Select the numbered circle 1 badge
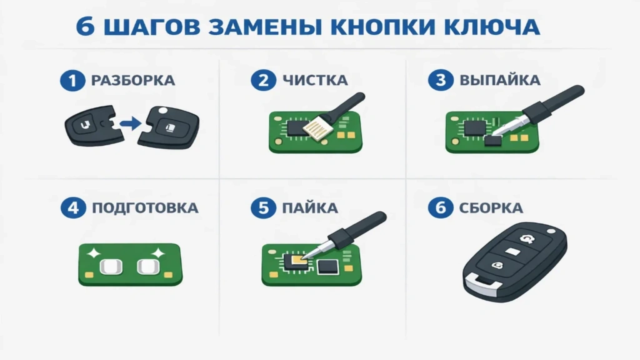[x=72, y=81]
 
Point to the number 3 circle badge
[x=440, y=81]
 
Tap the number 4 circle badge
[x=72, y=208]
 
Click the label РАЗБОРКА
[x=132, y=81]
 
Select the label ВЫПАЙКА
[x=500, y=81]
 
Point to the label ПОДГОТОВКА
[x=144, y=208]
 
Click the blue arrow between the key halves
[x=129, y=124]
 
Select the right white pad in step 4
[x=149, y=268]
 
